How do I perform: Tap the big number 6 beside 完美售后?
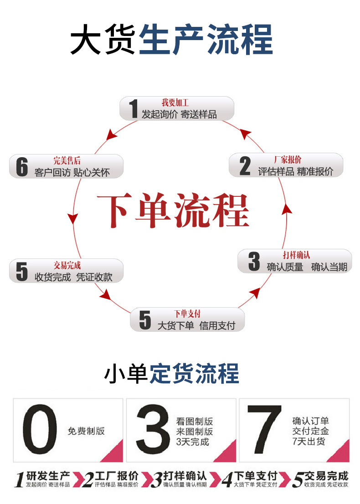point(22,166)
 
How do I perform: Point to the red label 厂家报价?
point(288,159)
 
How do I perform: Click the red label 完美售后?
point(67,160)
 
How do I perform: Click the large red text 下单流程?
point(173,211)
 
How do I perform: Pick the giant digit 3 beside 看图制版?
point(153,430)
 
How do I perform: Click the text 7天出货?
point(309,441)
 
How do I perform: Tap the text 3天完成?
point(192,441)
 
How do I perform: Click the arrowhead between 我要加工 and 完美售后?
point(110,134)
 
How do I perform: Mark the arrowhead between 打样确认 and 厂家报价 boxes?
point(286,210)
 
